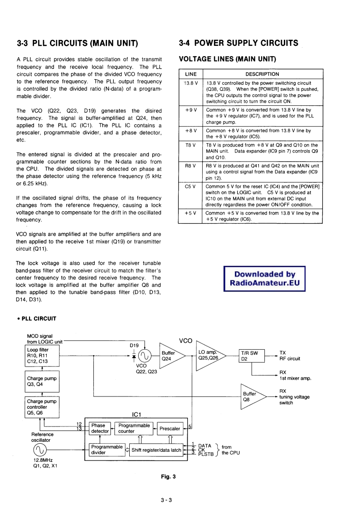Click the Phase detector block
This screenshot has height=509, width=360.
[x=100, y=428]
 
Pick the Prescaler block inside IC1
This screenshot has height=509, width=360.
[x=170, y=428]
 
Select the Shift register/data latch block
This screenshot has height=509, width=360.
[x=156, y=450]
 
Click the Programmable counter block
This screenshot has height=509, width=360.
[x=134, y=428]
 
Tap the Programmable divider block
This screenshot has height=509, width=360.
[x=107, y=450]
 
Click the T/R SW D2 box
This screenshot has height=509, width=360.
[x=251, y=356]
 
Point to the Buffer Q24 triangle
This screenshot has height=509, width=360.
[x=168, y=356]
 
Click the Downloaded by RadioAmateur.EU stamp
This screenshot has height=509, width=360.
[x=265, y=279]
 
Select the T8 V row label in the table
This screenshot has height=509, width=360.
[x=190, y=145]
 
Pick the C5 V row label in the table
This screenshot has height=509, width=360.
[x=190, y=186]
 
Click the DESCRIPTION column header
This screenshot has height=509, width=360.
[x=262, y=74]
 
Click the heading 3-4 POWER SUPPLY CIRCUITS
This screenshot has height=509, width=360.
[x=238, y=44]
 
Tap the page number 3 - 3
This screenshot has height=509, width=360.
[x=166, y=500]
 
